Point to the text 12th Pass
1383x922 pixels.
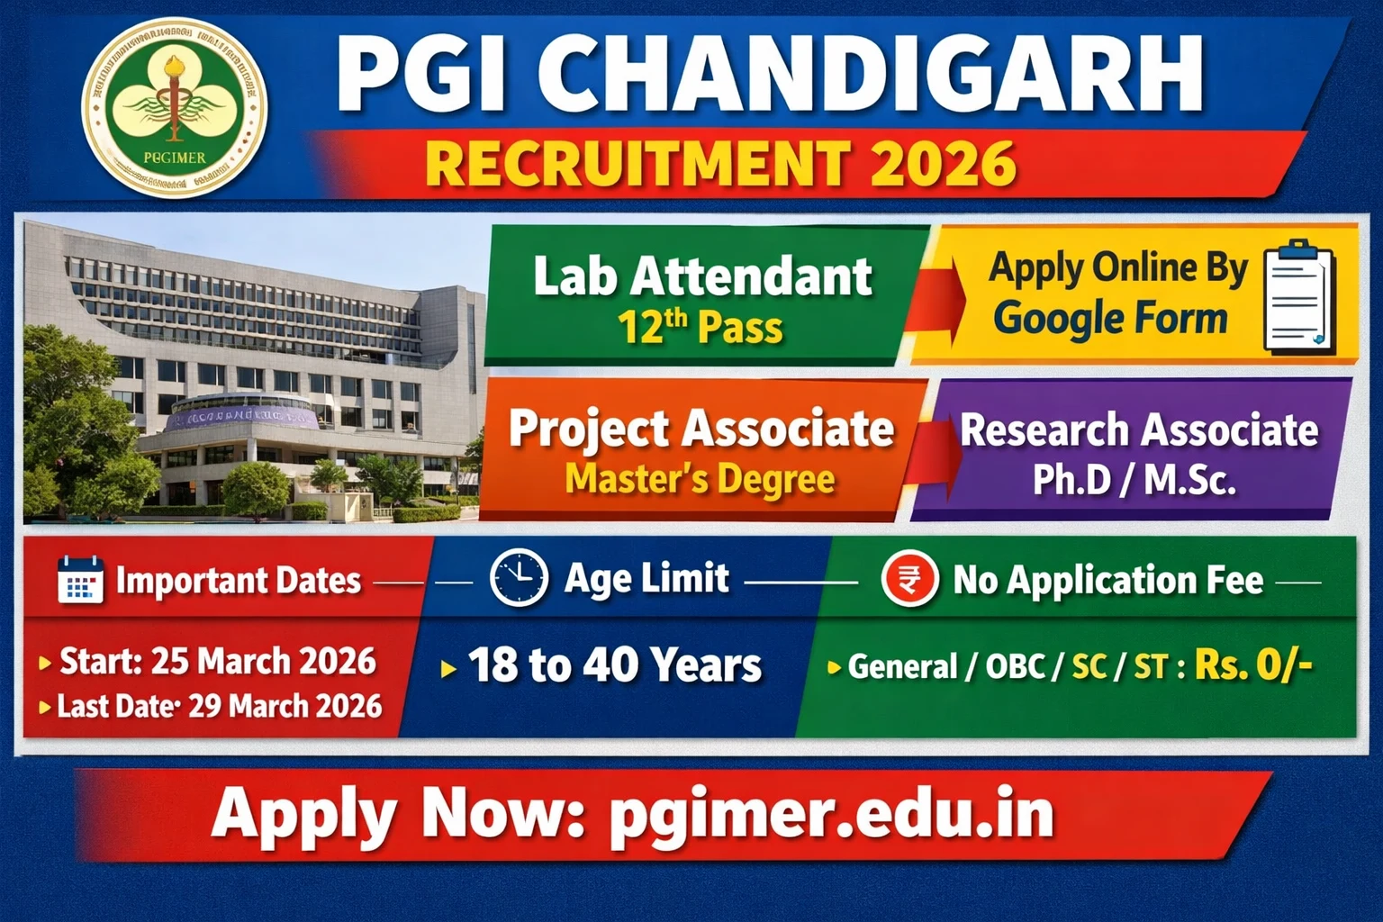click(x=700, y=327)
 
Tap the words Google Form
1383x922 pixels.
click(x=1110, y=319)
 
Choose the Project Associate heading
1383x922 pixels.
click(x=701, y=429)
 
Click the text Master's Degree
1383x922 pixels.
click(x=700, y=478)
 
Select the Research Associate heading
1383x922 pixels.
click(x=1139, y=429)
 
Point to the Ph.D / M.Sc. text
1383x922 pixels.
click(x=1134, y=479)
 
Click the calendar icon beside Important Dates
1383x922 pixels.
click(x=80, y=579)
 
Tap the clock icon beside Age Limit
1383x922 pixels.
click(x=519, y=577)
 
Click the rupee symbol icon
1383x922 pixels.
click(x=909, y=578)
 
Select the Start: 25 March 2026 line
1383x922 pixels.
click(x=217, y=662)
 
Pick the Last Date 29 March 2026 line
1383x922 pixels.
click(x=219, y=706)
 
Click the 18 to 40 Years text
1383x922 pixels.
click(x=614, y=666)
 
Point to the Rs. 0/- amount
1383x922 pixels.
click(x=1252, y=665)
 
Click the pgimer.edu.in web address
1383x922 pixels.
click(x=831, y=813)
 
